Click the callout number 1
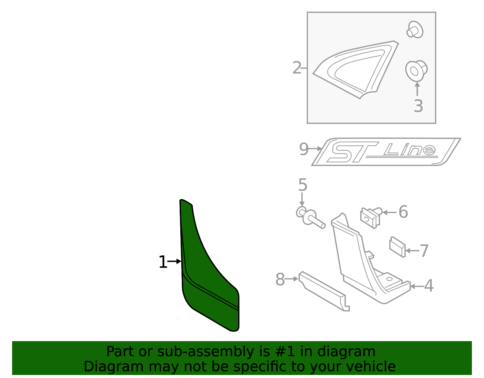[163, 262]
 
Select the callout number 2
[297, 68]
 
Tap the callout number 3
[418, 106]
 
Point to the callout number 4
[429, 286]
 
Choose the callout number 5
[302, 185]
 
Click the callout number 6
[403, 212]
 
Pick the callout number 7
[424, 251]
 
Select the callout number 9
[303, 149]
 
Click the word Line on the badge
[410, 149]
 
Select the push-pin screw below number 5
[312, 218]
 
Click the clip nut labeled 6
[371, 217]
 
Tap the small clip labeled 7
[397, 247]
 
